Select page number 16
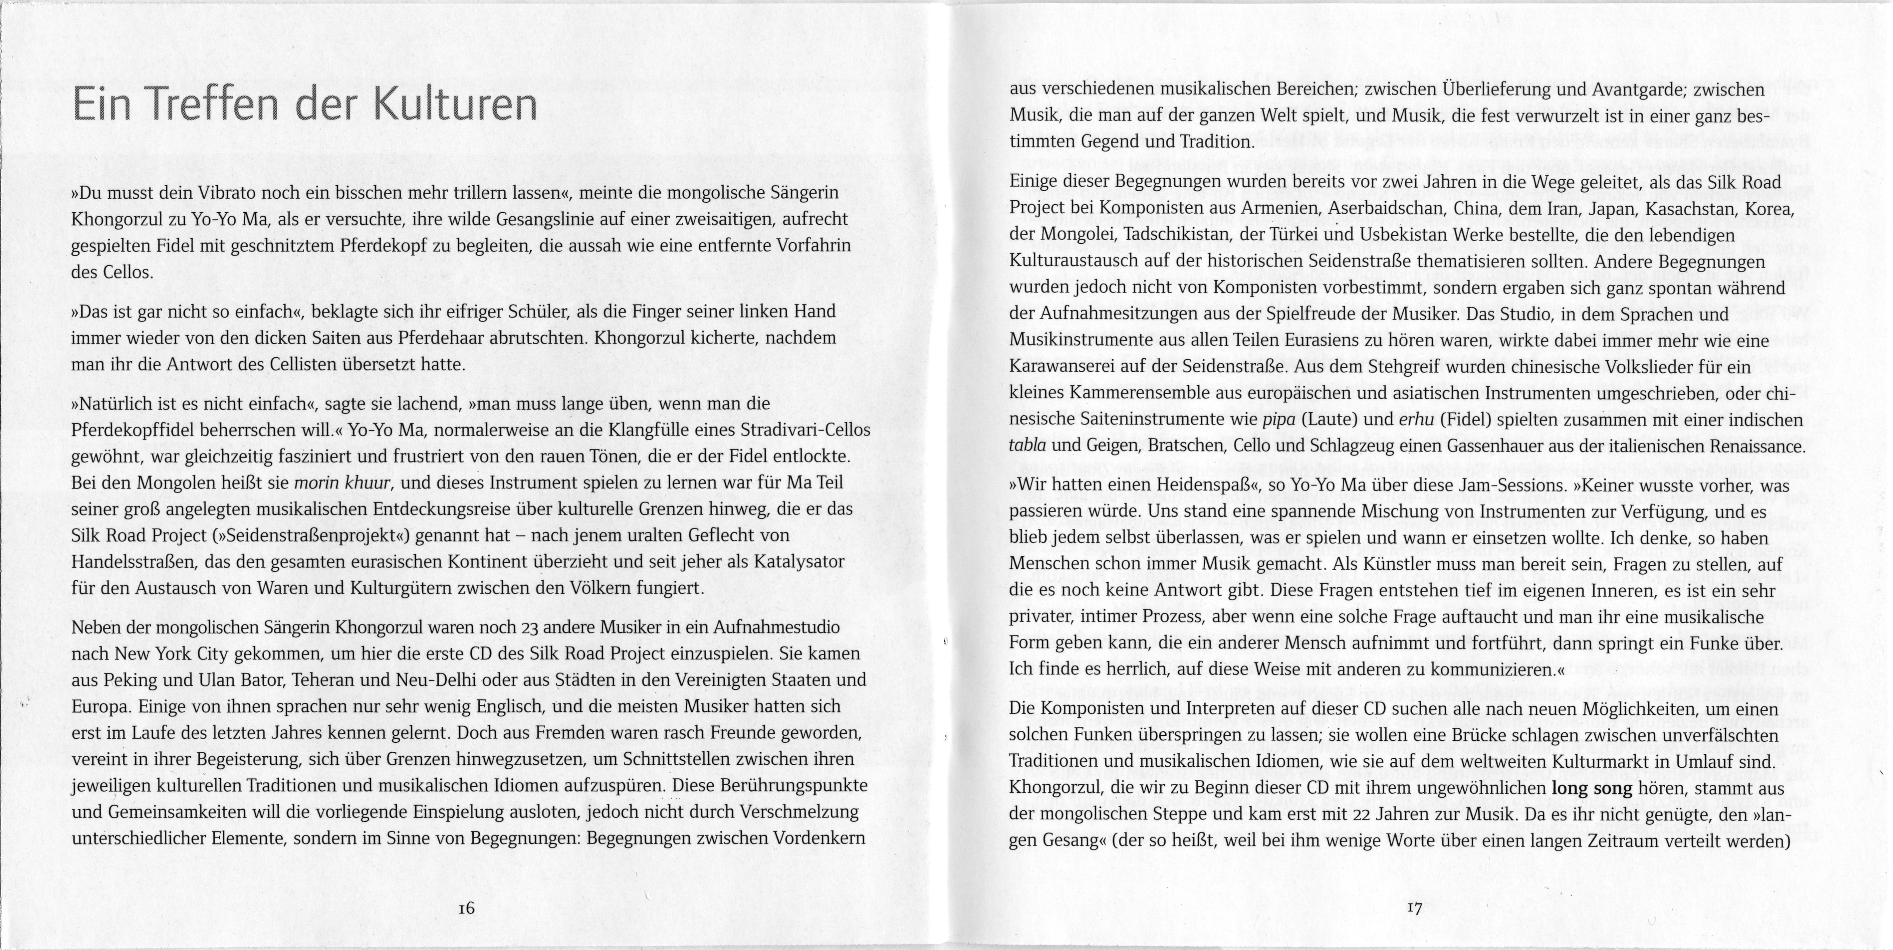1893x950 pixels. pyautogui.click(x=466, y=908)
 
